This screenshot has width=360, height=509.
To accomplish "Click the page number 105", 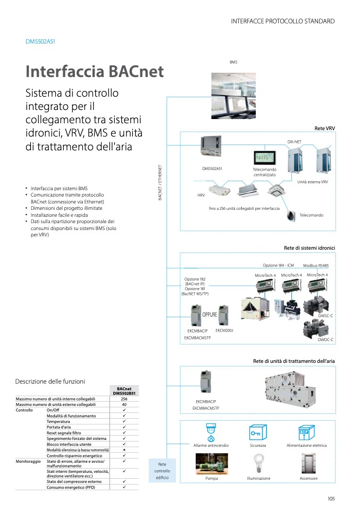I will tap(331, 498).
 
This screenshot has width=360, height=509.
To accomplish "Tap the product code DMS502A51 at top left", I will tap(40, 41).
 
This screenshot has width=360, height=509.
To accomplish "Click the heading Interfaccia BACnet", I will tap(95, 72).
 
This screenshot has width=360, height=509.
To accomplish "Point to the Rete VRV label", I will tap(324, 129).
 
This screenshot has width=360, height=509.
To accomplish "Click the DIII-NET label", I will tap(295, 142).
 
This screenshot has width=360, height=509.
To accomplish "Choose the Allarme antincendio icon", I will tap(211, 433).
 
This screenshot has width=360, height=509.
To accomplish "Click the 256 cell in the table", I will tap(124, 398).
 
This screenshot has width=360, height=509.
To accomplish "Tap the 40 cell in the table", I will tap(124, 404).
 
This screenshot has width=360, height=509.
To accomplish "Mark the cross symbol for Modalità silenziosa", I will tap(124, 449).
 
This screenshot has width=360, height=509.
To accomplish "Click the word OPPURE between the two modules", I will tap(210, 315).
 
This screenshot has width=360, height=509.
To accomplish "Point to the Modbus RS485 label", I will tap(316, 265).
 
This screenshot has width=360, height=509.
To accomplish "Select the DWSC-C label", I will tap(325, 316).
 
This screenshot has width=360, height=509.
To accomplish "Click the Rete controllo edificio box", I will tap(162, 471).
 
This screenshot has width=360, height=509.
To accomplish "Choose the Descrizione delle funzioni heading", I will tap(50, 381).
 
